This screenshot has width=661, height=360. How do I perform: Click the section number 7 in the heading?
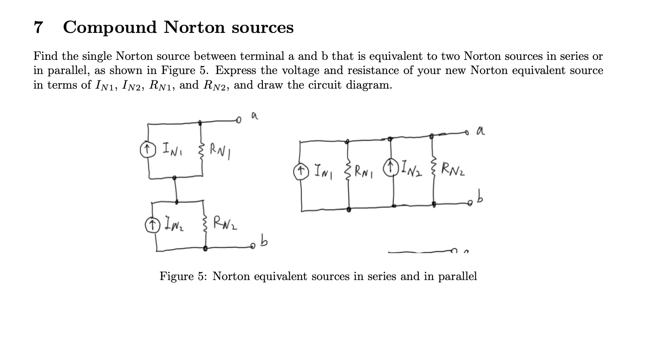tap(38, 28)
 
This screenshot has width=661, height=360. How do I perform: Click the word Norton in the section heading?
tap(194, 28)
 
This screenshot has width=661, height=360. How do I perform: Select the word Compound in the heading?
tap(110, 28)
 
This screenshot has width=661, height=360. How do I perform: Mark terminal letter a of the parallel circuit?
tap(480, 132)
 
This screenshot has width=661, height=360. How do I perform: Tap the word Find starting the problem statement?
tap(45, 57)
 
